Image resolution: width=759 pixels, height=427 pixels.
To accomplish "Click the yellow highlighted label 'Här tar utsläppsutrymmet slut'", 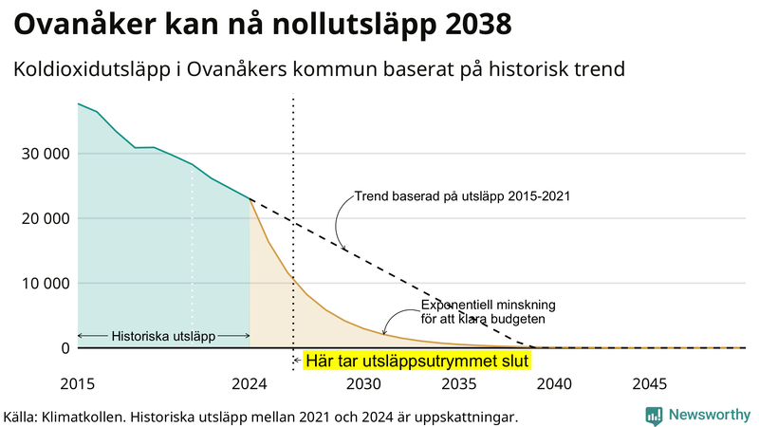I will coord(416,361).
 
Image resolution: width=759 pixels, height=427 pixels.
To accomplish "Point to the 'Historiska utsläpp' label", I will coord(163,336).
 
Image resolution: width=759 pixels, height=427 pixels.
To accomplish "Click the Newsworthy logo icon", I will coord(654,415).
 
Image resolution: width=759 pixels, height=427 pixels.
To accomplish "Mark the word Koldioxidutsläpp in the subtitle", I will coord(96,70).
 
